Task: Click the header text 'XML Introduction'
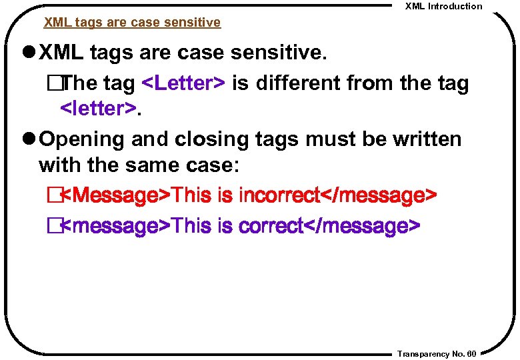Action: [443, 6]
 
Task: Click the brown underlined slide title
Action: [132, 23]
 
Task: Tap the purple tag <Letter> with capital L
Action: [184, 83]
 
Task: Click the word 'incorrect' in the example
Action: [279, 196]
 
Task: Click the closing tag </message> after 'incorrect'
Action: [378, 196]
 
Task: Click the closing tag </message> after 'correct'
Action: [361, 226]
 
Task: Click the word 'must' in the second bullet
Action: [341, 139]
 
